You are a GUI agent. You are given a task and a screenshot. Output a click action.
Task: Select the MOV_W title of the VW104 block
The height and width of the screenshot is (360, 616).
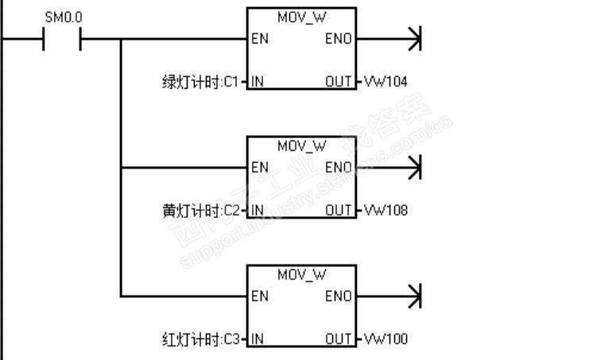301,17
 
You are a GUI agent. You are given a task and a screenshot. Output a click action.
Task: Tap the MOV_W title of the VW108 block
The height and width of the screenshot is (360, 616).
301,146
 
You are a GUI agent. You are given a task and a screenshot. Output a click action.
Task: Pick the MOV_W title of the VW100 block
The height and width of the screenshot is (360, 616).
301,275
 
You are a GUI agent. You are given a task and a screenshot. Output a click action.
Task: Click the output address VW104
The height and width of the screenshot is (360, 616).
386,82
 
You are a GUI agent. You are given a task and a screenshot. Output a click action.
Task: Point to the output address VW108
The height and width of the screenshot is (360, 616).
386,211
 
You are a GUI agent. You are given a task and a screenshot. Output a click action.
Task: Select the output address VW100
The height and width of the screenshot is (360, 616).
386,339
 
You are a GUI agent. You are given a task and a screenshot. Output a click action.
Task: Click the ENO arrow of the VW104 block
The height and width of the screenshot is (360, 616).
413,39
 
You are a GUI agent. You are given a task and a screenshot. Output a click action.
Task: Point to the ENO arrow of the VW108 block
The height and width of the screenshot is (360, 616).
413,168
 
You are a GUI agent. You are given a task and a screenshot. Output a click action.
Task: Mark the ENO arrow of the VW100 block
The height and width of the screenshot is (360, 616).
413,296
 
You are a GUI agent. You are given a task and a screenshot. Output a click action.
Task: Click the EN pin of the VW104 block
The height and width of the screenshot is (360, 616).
259,39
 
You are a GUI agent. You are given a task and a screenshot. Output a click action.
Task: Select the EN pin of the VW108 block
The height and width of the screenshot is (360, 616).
259,168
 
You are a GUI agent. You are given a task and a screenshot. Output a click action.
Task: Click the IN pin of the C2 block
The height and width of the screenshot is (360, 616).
258,211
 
